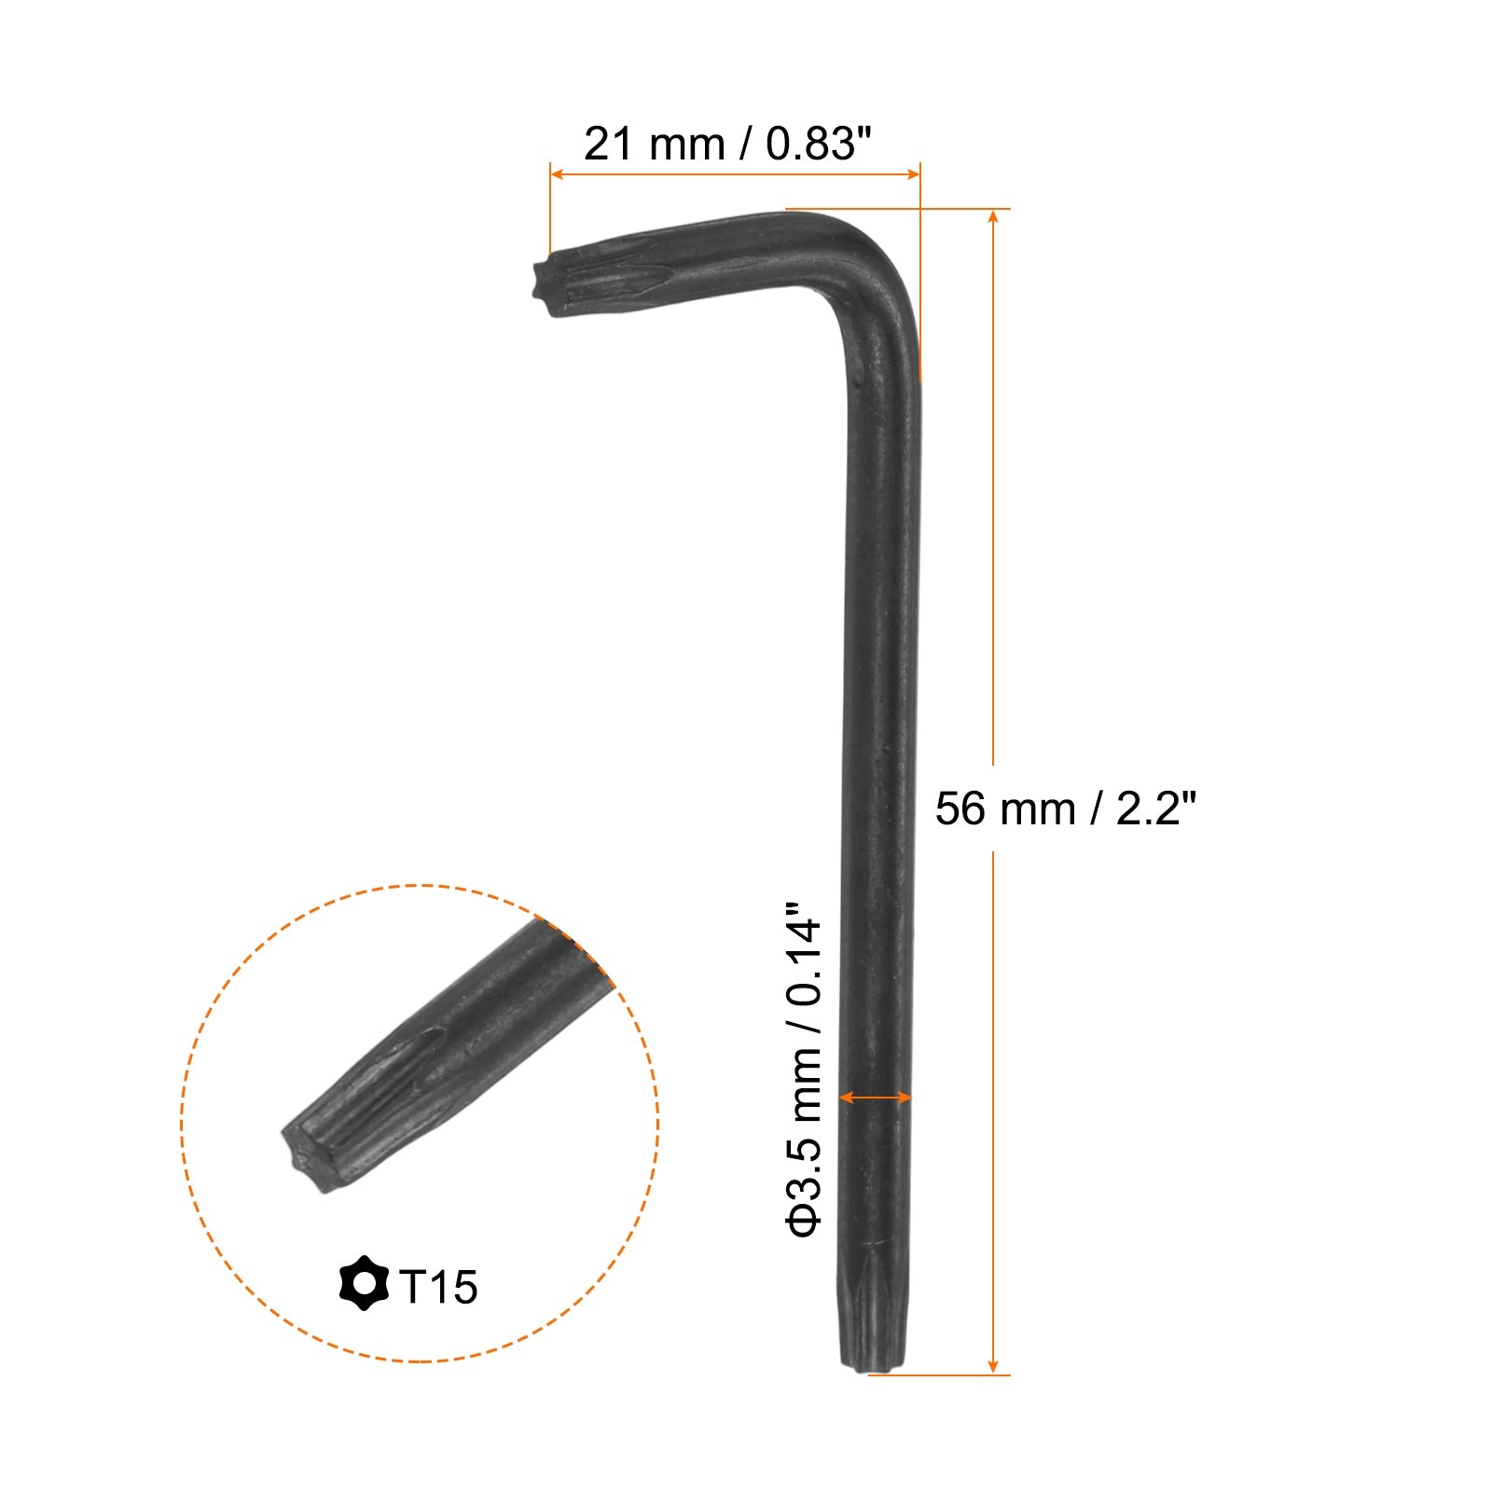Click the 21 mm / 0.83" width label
726,144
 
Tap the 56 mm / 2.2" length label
1065,808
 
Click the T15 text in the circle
438,1287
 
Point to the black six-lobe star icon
364,1283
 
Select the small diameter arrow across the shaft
875,1098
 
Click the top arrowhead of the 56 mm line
993,217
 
